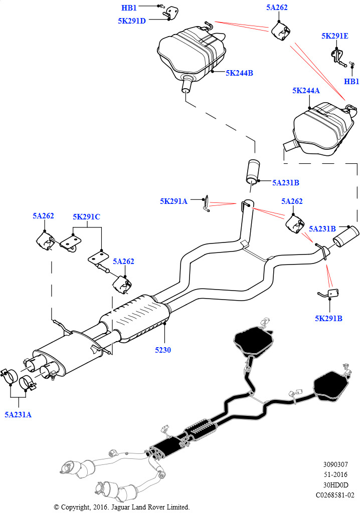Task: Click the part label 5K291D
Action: point(132,21)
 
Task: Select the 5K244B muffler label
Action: point(239,73)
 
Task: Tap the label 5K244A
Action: point(306,91)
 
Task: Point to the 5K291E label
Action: point(335,36)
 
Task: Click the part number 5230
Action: point(163,350)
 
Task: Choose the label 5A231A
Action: point(18,415)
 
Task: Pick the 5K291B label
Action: point(328,318)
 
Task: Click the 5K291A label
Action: point(173,201)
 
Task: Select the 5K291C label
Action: point(86,216)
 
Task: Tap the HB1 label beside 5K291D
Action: point(129,8)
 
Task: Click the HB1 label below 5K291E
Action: point(351,82)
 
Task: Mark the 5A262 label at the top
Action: point(277,7)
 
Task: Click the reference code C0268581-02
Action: point(335,495)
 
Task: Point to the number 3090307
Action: point(335,464)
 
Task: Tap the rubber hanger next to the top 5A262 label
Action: point(281,31)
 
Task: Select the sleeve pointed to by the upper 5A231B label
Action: point(253,170)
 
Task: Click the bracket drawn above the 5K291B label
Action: point(328,294)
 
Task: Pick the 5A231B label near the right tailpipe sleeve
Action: point(322,228)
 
